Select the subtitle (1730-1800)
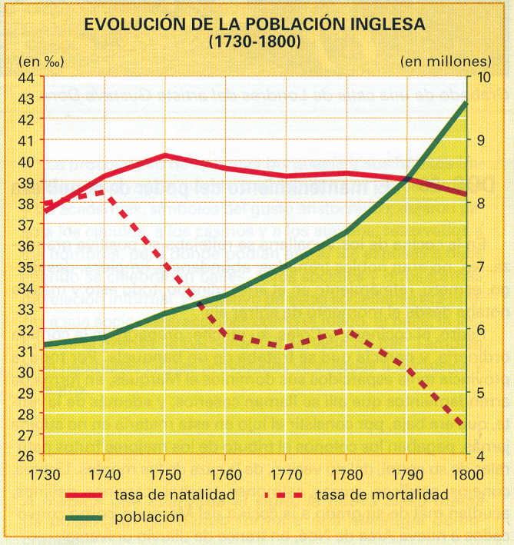coord(254,42)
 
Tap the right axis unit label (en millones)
coord(446,60)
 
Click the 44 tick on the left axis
coord(25,78)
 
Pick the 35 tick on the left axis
coord(25,267)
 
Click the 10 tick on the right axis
coord(484,78)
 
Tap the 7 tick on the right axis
coord(481,267)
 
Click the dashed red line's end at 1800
coord(464,424)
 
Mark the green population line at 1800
coord(466,102)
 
